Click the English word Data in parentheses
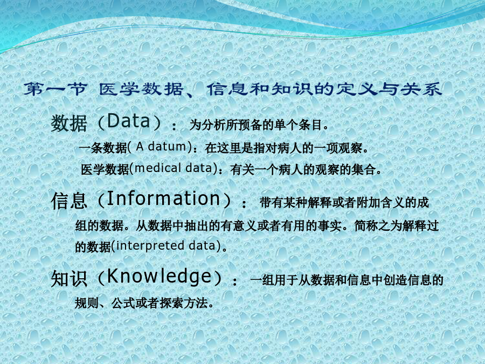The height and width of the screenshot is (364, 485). click(128, 121)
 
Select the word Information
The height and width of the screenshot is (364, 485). click(163, 198)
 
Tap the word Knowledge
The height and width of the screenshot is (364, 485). click(159, 277)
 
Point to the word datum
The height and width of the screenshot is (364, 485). click(167, 146)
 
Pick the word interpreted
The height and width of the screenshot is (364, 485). click(150, 246)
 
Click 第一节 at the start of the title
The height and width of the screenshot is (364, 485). click(56, 89)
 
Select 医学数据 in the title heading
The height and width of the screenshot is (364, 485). click(141, 89)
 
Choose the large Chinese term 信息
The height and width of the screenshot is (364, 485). click(68, 200)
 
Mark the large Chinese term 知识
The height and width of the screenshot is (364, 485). click(68, 279)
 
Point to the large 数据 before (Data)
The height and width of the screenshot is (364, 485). click(68, 123)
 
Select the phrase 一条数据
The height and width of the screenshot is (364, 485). click(103, 148)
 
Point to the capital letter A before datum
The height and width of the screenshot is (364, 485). click(140, 146)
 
